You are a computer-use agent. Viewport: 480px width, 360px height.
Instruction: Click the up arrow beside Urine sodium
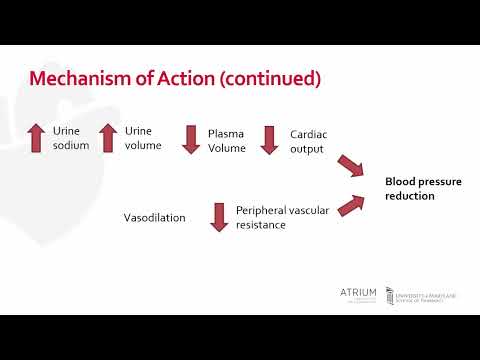[x=36, y=138]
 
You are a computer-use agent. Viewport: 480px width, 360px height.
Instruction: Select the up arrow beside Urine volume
[x=108, y=138]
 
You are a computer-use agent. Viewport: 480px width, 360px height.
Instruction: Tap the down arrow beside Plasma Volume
[x=191, y=139]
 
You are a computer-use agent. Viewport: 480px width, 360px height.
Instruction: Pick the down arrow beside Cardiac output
[x=269, y=139]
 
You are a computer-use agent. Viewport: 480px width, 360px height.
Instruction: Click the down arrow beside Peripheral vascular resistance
[x=219, y=217]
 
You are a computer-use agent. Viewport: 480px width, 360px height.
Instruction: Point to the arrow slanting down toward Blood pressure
[x=349, y=166]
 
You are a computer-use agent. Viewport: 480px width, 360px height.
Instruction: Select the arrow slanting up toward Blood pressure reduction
[x=349, y=205]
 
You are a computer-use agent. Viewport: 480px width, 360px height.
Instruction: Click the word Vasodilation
[x=154, y=217]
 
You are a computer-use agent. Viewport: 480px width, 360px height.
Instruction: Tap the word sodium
[x=71, y=146]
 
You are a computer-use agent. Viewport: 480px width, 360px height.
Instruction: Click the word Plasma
[x=225, y=133]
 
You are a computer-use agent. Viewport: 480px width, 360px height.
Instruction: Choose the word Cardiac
[x=308, y=133]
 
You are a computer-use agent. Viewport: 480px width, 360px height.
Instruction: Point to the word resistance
[x=261, y=225]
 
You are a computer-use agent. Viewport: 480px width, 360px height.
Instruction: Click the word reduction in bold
[x=410, y=196]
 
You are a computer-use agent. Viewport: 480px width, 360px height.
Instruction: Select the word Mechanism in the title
[x=77, y=78]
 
